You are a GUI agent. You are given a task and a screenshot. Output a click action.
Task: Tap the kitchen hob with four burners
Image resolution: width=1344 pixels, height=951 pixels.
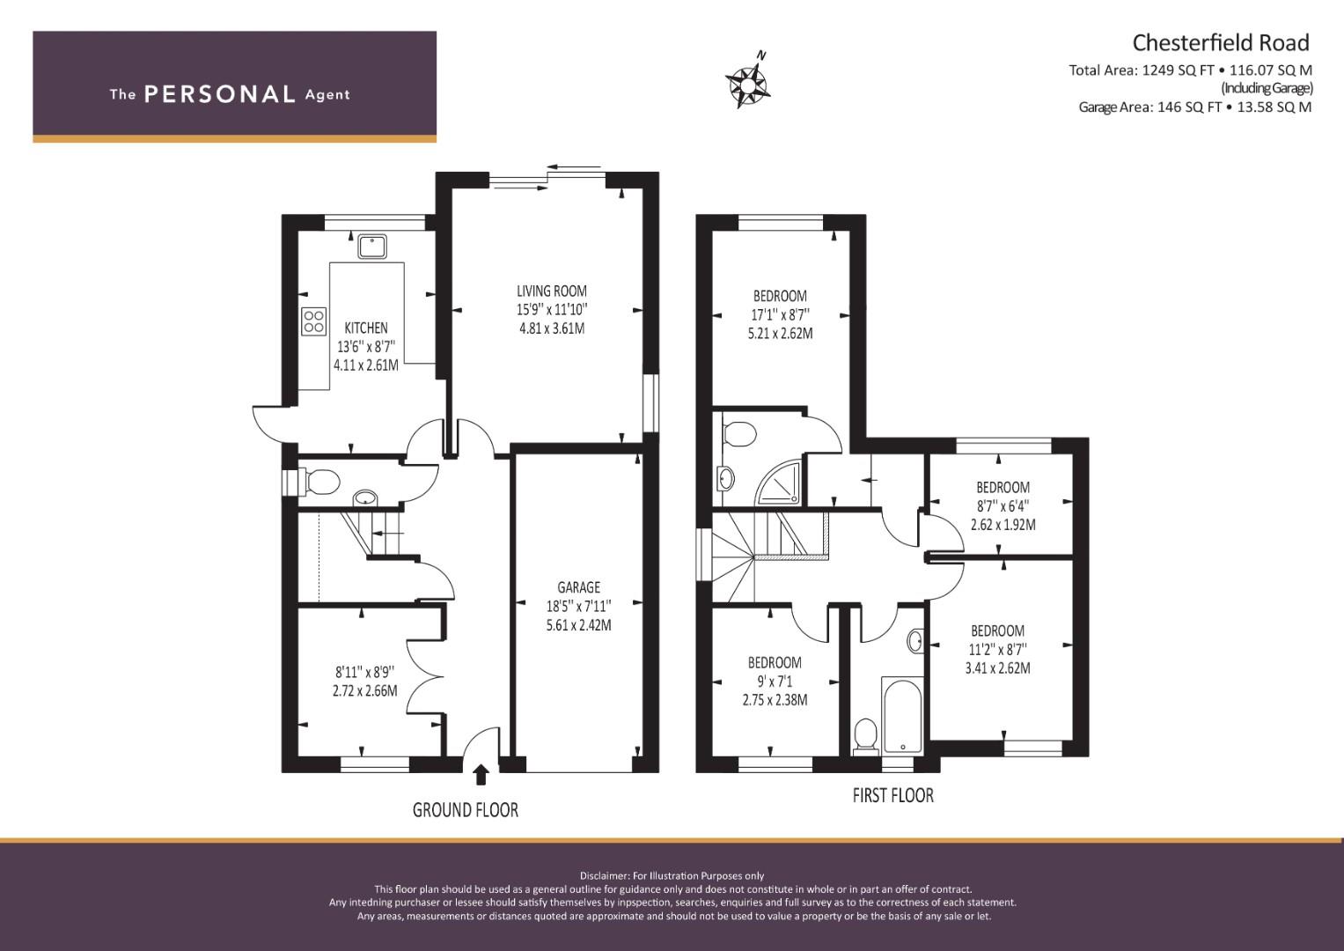click(x=314, y=321)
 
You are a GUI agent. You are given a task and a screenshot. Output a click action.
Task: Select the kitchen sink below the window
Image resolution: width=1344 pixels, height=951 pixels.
click(x=372, y=247)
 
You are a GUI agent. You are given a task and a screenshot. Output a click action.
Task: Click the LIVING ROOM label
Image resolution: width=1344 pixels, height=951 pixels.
click(x=551, y=291)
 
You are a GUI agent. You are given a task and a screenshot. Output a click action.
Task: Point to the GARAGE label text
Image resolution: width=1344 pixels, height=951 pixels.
click(x=578, y=587)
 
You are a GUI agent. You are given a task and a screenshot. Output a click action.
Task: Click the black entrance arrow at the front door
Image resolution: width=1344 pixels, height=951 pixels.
click(x=481, y=775)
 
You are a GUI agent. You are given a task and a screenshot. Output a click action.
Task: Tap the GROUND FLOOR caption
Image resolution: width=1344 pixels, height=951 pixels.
click(x=465, y=810)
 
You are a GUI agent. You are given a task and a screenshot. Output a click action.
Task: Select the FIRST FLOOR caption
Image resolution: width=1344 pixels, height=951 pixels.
click(x=892, y=795)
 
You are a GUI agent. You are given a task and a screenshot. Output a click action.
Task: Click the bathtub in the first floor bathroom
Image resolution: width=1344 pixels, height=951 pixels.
click(x=902, y=715)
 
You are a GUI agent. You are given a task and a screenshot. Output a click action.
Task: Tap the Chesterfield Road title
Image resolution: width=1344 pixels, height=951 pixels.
click(x=1221, y=42)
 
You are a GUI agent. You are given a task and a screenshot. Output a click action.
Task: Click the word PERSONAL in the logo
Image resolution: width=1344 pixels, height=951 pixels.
click(x=220, y=94)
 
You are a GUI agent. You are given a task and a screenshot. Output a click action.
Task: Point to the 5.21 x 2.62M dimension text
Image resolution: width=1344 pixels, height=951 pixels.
click(x=780, y=334)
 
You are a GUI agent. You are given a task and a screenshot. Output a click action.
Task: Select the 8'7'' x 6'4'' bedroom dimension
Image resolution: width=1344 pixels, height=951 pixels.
click(x=1002, y=506)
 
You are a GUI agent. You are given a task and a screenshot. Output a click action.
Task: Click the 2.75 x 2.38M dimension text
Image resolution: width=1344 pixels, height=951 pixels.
click(x=775, y=700)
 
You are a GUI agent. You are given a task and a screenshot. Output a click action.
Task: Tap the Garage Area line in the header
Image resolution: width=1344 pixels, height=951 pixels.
click(x=1195, y=107)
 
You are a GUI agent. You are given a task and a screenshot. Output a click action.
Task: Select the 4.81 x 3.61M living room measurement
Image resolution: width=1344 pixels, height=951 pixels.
click(x=551, y=329)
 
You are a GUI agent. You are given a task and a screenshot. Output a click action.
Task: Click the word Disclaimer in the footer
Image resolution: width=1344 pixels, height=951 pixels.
click(x=604, y=876)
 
